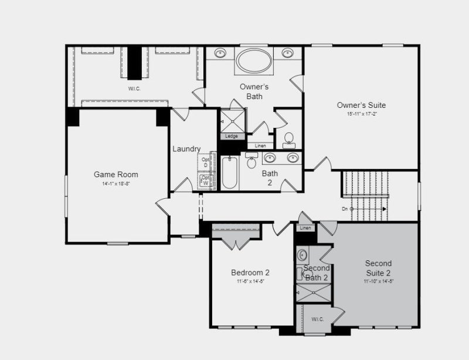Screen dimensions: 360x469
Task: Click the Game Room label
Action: click(x=116, y=174)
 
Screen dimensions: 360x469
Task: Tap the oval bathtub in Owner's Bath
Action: click(x=253, y=60)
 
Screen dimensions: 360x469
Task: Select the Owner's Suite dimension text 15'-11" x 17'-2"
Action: click(x=361, y=114)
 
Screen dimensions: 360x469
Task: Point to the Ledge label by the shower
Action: click(x=232, y=136)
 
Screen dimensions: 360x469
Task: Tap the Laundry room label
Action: click(x=186, y=149)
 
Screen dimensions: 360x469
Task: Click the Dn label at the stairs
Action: click(x=346, y=209)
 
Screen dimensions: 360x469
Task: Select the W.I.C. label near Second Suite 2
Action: click(x=317, y=320)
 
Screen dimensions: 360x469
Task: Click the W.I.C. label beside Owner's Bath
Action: click(x=135, y=89)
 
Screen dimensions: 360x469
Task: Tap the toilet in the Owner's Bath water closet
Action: click(x=288, y=139)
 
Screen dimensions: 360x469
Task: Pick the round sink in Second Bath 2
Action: click(x=303, y=255)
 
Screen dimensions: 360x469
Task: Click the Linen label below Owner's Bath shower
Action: click(x=260, y=145)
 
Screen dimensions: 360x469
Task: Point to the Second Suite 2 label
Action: click(x=378, y=268)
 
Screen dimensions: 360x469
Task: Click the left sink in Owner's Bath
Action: click(x=221, y=53)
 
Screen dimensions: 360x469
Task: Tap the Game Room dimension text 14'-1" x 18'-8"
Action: click(x=116, y=184)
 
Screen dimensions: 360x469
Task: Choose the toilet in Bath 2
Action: click(x=252, y=160)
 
